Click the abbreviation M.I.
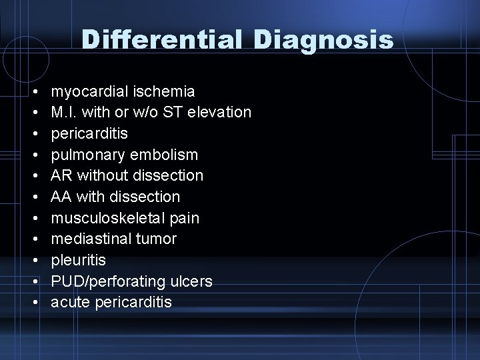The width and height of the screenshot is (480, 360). coord(64,113)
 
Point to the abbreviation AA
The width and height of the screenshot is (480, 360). coord(61,197)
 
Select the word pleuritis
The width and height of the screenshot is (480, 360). coord(79,261)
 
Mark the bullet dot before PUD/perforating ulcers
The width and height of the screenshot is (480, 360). coord(33,282)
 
